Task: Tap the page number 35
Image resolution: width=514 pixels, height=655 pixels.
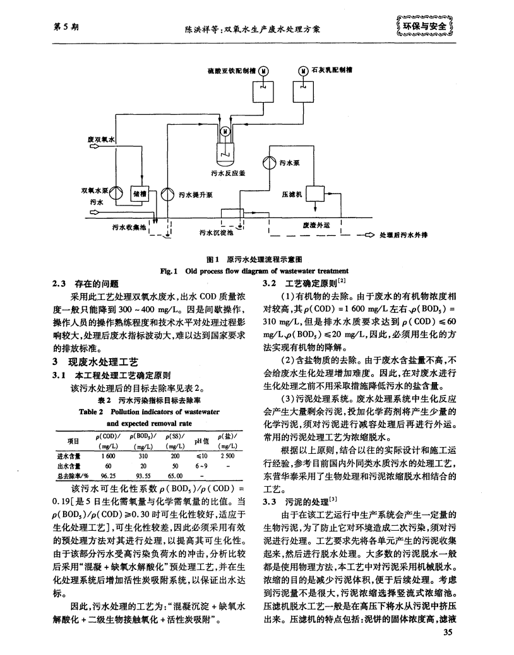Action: tap(448, 633)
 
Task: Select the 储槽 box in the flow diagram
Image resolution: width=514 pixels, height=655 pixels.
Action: tap(138, 194)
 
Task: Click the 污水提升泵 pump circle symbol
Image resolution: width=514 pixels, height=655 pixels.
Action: tap(167, 195)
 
